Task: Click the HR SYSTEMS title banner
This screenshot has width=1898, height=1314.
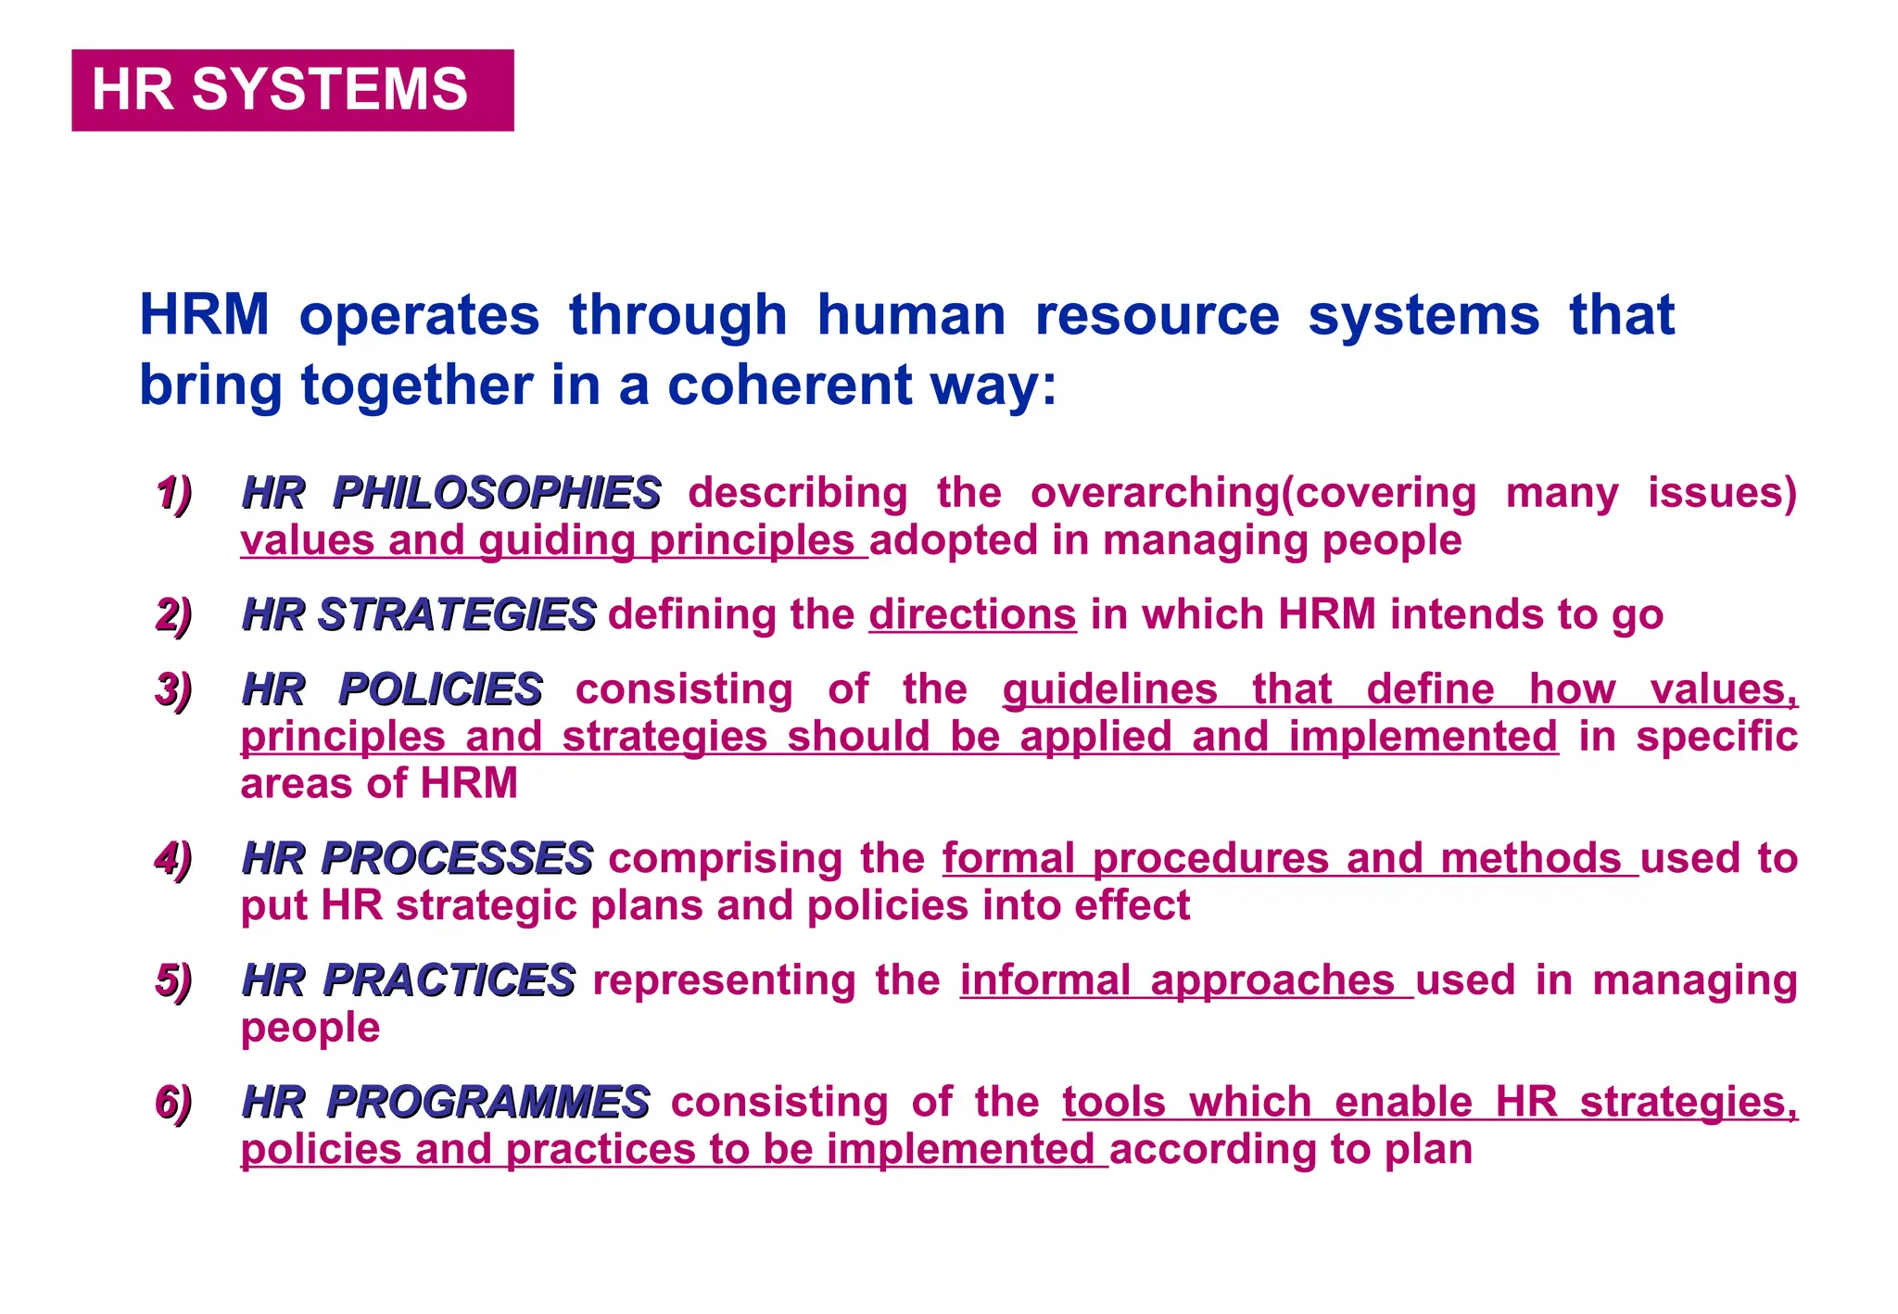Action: pos(292,90)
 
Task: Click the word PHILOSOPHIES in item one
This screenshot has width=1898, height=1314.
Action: pos(496,493)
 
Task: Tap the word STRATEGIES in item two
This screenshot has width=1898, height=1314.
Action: pos(456,614)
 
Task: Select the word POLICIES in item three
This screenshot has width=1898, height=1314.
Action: pos(440,689)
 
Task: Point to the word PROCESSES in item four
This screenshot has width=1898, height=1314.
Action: pos(456,858)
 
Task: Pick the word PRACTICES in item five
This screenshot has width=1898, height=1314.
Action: pos(449,980)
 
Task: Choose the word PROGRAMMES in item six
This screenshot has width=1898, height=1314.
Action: pos(487,1102)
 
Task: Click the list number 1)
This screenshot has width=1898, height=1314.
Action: pos(173,493)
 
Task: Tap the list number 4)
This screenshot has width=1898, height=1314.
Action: pos(173,858)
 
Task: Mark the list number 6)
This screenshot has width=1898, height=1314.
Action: pos(173,1102)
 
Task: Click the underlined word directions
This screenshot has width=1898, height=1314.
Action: pos(972,614)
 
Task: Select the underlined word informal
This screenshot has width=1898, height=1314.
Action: pos(1045,980)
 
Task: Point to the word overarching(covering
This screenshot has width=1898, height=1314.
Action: pos(1253,493)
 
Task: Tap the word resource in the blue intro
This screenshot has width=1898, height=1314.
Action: pos(1157,315)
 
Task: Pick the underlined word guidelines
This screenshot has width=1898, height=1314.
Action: pos(1109,689)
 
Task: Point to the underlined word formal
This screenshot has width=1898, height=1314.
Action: pos(1008,858)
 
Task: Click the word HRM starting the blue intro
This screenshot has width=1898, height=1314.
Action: pos(204,315)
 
